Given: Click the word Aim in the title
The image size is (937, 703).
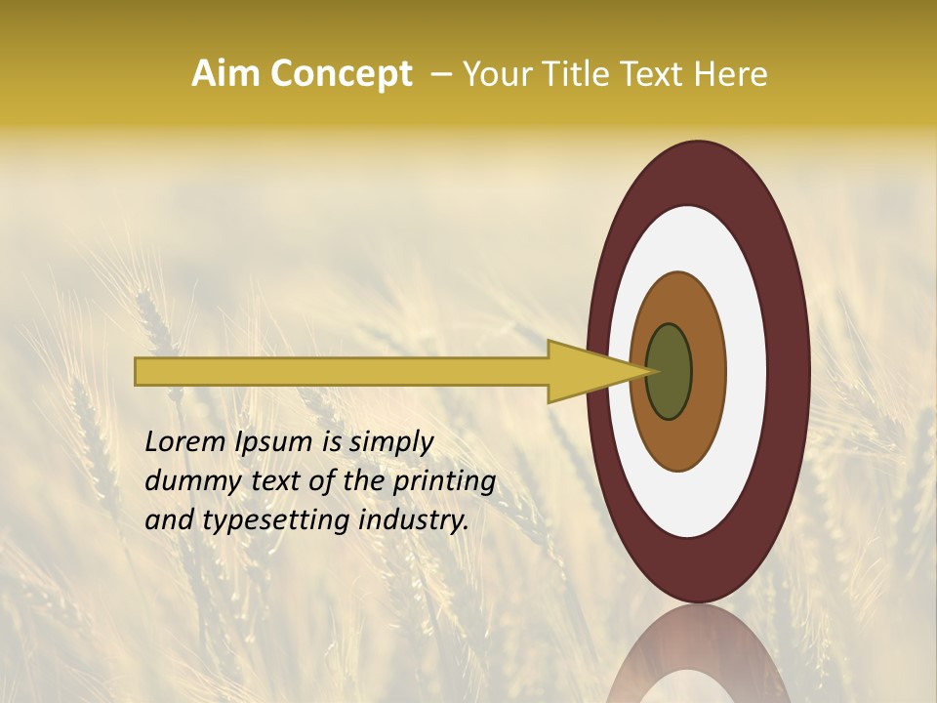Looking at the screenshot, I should click(x=226, y=73).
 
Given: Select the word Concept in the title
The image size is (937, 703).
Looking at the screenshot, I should click(x=341, y=73).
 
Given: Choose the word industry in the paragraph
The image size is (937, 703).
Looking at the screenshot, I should click(x=414, y=520).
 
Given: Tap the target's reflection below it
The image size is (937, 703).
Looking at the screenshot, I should click(x=699, y=659).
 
